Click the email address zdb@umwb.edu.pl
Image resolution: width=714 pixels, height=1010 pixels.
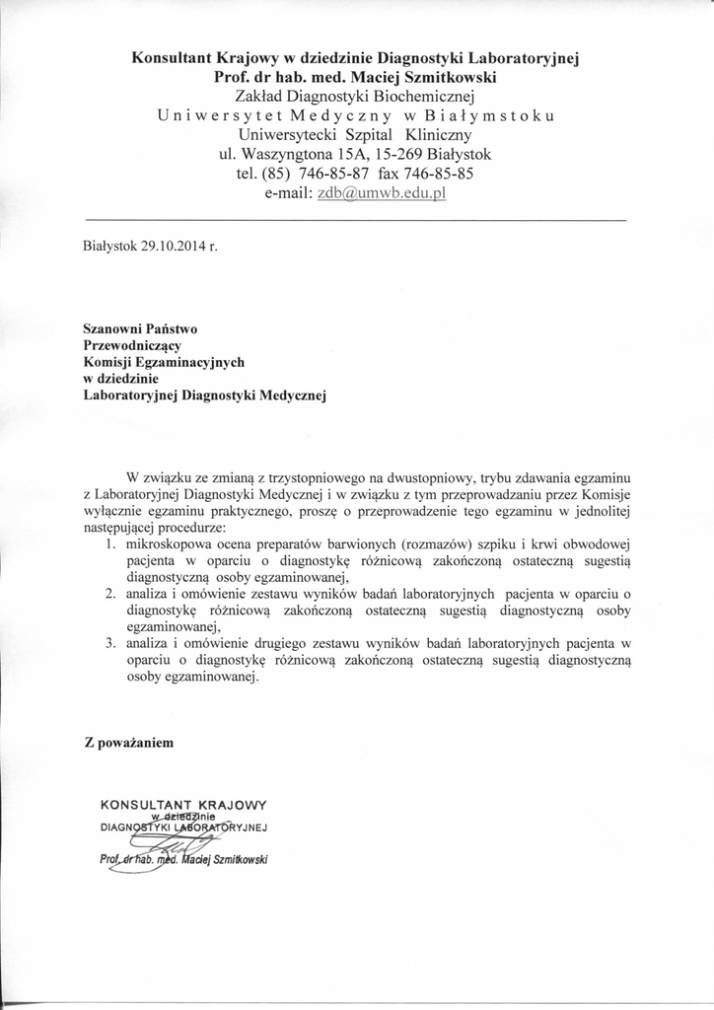click(384, 194)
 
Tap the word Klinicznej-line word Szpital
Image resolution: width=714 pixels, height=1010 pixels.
click(371, 134)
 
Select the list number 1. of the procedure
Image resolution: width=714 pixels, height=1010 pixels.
click(109, 543)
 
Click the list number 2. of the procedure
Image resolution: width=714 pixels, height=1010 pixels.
click(109, 594)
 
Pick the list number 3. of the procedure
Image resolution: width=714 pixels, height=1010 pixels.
click(109, 644)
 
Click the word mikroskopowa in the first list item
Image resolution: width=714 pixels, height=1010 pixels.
click(167, 543)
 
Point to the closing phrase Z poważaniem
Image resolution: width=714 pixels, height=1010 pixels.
click(129, 743)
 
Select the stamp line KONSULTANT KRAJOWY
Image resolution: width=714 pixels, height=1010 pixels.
click(182, 803)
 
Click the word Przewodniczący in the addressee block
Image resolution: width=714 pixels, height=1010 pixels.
click(137, 345)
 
